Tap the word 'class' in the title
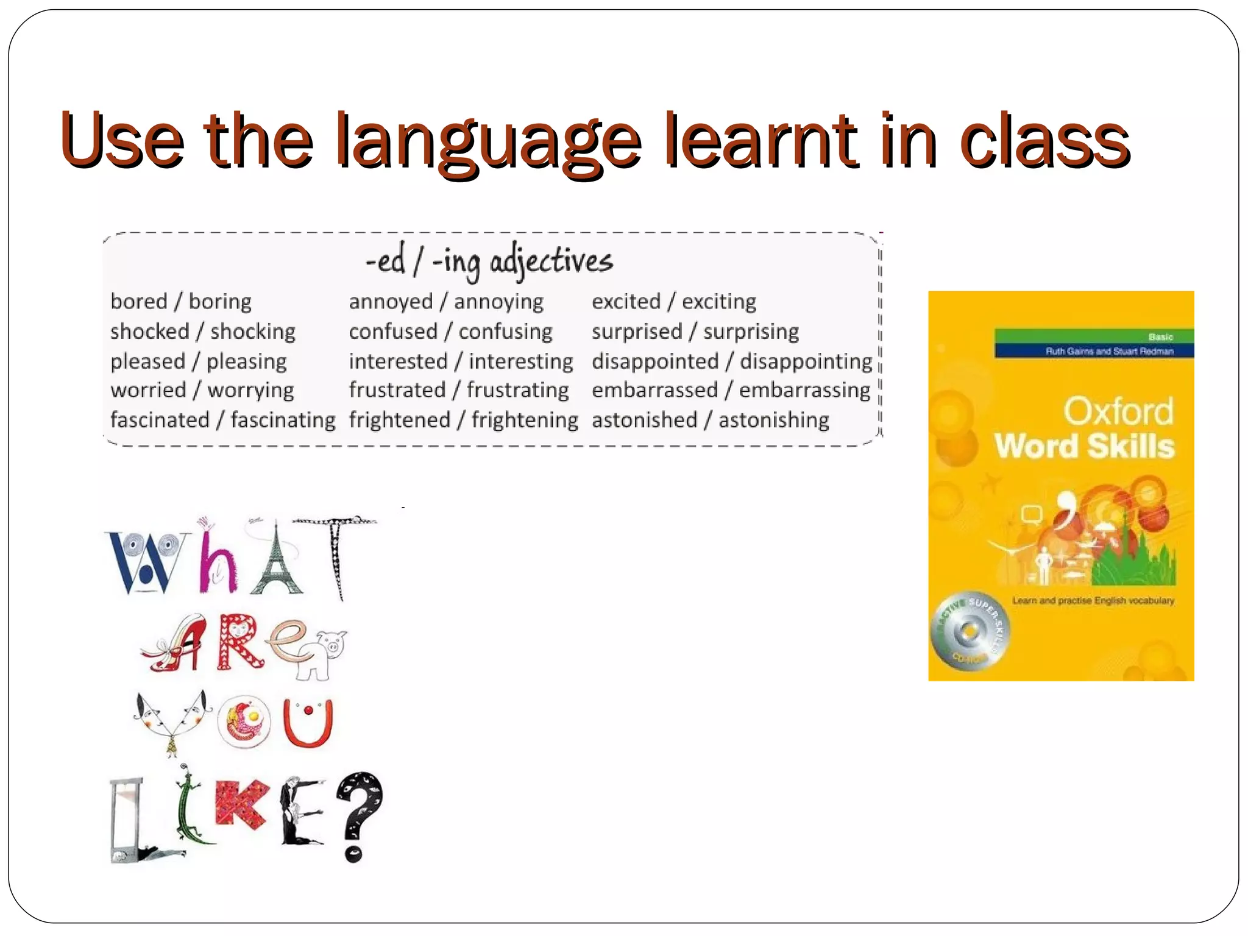coord(1044,141)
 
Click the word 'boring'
coord(220,302)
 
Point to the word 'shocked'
coord(150,331)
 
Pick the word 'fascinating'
coord(283,420)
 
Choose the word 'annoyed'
coord(391,302)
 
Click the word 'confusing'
coord(505,331)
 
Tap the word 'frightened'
coord(400,420)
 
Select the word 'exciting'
coord(719,302)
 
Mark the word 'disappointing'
coord(806,361)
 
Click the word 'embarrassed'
coord(654,391)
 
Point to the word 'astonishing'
coord(774,420)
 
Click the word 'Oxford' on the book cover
coord(1118,411)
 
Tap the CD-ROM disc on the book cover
coord(969,631)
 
